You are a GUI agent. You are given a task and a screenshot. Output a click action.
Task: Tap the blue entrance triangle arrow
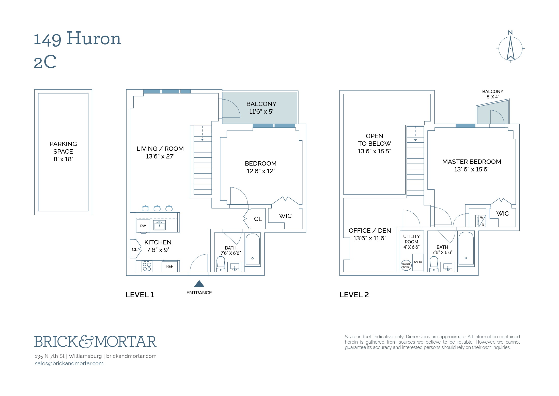pos(199,284)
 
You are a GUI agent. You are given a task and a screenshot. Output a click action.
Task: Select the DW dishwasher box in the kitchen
pos(143,226)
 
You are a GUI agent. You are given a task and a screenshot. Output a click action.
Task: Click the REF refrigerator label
pos(169,266)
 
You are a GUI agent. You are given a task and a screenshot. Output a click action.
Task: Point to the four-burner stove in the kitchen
pos(147,266)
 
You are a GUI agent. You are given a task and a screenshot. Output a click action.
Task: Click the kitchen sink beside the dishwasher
pos(159,225)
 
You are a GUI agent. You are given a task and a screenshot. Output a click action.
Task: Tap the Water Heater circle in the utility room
pos(406,265)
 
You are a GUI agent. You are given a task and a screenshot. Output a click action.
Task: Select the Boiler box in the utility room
pos(418,262)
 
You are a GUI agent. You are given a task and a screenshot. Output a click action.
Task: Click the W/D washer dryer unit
pos(481,221)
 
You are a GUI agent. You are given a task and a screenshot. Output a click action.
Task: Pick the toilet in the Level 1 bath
pos(221,264)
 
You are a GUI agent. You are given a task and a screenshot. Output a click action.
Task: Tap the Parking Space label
pos(63,151)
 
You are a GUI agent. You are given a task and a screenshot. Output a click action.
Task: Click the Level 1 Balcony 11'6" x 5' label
pos(261,108)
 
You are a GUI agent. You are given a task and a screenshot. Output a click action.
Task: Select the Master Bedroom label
pos(472,165)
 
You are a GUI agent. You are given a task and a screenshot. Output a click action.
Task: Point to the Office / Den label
pos(370,234)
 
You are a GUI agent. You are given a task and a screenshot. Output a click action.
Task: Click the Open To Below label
pos(374,143)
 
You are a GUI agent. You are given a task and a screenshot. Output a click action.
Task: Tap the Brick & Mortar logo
pos(95,342)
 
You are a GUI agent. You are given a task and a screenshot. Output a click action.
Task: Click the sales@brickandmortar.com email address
pos(69,363)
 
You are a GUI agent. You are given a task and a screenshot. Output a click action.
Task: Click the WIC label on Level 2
pos(503,214)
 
